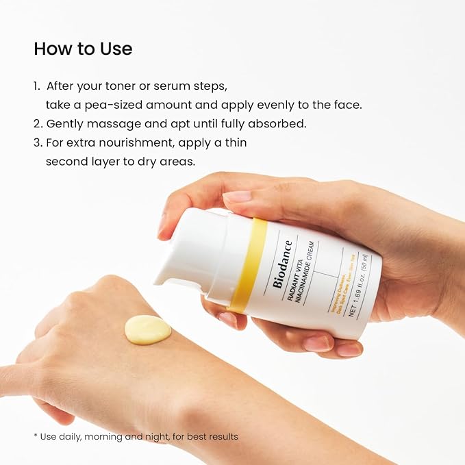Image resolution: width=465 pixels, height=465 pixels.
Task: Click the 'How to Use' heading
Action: pyautogui.click(x=83, y=49)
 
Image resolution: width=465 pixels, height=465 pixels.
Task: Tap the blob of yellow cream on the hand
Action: pyautogui.click(x=147, y=329)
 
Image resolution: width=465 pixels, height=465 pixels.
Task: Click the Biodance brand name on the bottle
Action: pyautogui.click(x=282, y=262)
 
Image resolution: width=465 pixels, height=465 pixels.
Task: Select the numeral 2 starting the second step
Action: pyautogui.click(x=37, y=124)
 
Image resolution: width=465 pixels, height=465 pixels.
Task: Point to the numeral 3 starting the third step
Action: pyautogui.click(x=37, y=142)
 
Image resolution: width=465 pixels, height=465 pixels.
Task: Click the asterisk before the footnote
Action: pyautogui.click(x=36, y=436)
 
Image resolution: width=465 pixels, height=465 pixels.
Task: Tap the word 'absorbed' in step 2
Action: pyautogui.click(x=284, y=124)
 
